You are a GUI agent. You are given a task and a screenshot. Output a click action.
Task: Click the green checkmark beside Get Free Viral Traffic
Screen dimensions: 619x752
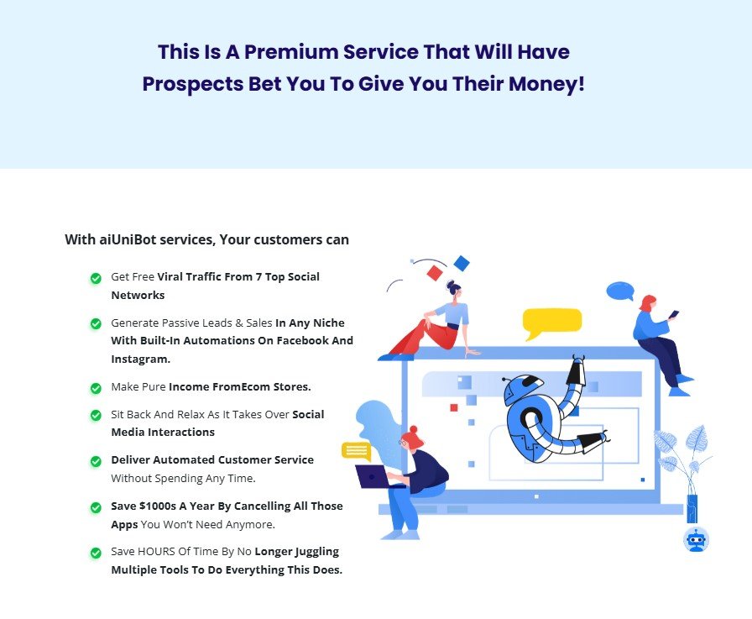pyautogui.click(x=96, y=278)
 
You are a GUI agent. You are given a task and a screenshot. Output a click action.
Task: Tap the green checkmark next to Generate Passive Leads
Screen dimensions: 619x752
pyautogui.click(x=96, y=324)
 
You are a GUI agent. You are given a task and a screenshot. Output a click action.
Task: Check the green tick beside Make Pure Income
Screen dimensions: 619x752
pyautogui.click(x=96, y=388)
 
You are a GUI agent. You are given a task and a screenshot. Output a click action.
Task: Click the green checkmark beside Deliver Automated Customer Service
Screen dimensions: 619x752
pyautogui.click(x=96, y=461)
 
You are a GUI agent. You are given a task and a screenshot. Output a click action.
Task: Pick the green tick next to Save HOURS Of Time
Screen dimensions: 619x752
pyautogui.click(x=96, y=553)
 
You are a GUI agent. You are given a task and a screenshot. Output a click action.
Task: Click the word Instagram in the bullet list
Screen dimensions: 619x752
pyautogui.click(x=140, y=359)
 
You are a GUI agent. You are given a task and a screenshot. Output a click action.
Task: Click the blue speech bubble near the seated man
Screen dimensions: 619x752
pyautogui.click(x=619, y=291)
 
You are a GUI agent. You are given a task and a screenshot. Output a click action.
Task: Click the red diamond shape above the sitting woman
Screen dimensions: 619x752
pyautogui.click(x=435, y=273)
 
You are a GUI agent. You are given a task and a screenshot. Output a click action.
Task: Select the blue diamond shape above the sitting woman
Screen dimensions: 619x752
pyautogui.click(x=461, y=264)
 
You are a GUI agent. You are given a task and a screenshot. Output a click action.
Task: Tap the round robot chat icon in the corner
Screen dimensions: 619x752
pyautogui.click(x=696, y=539)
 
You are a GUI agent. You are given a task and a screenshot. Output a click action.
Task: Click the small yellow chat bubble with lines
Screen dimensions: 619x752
pyautogui.click(x=356, y=451)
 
